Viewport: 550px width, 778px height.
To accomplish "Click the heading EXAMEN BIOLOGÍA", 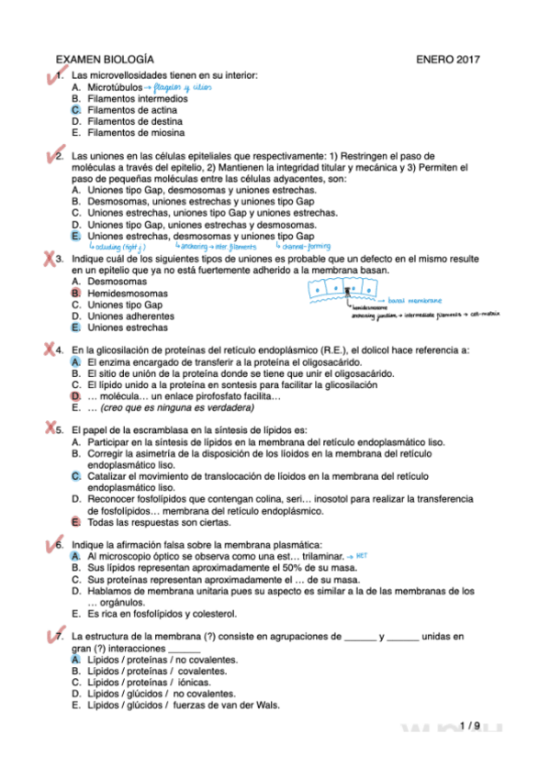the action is tap(105, 59).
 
